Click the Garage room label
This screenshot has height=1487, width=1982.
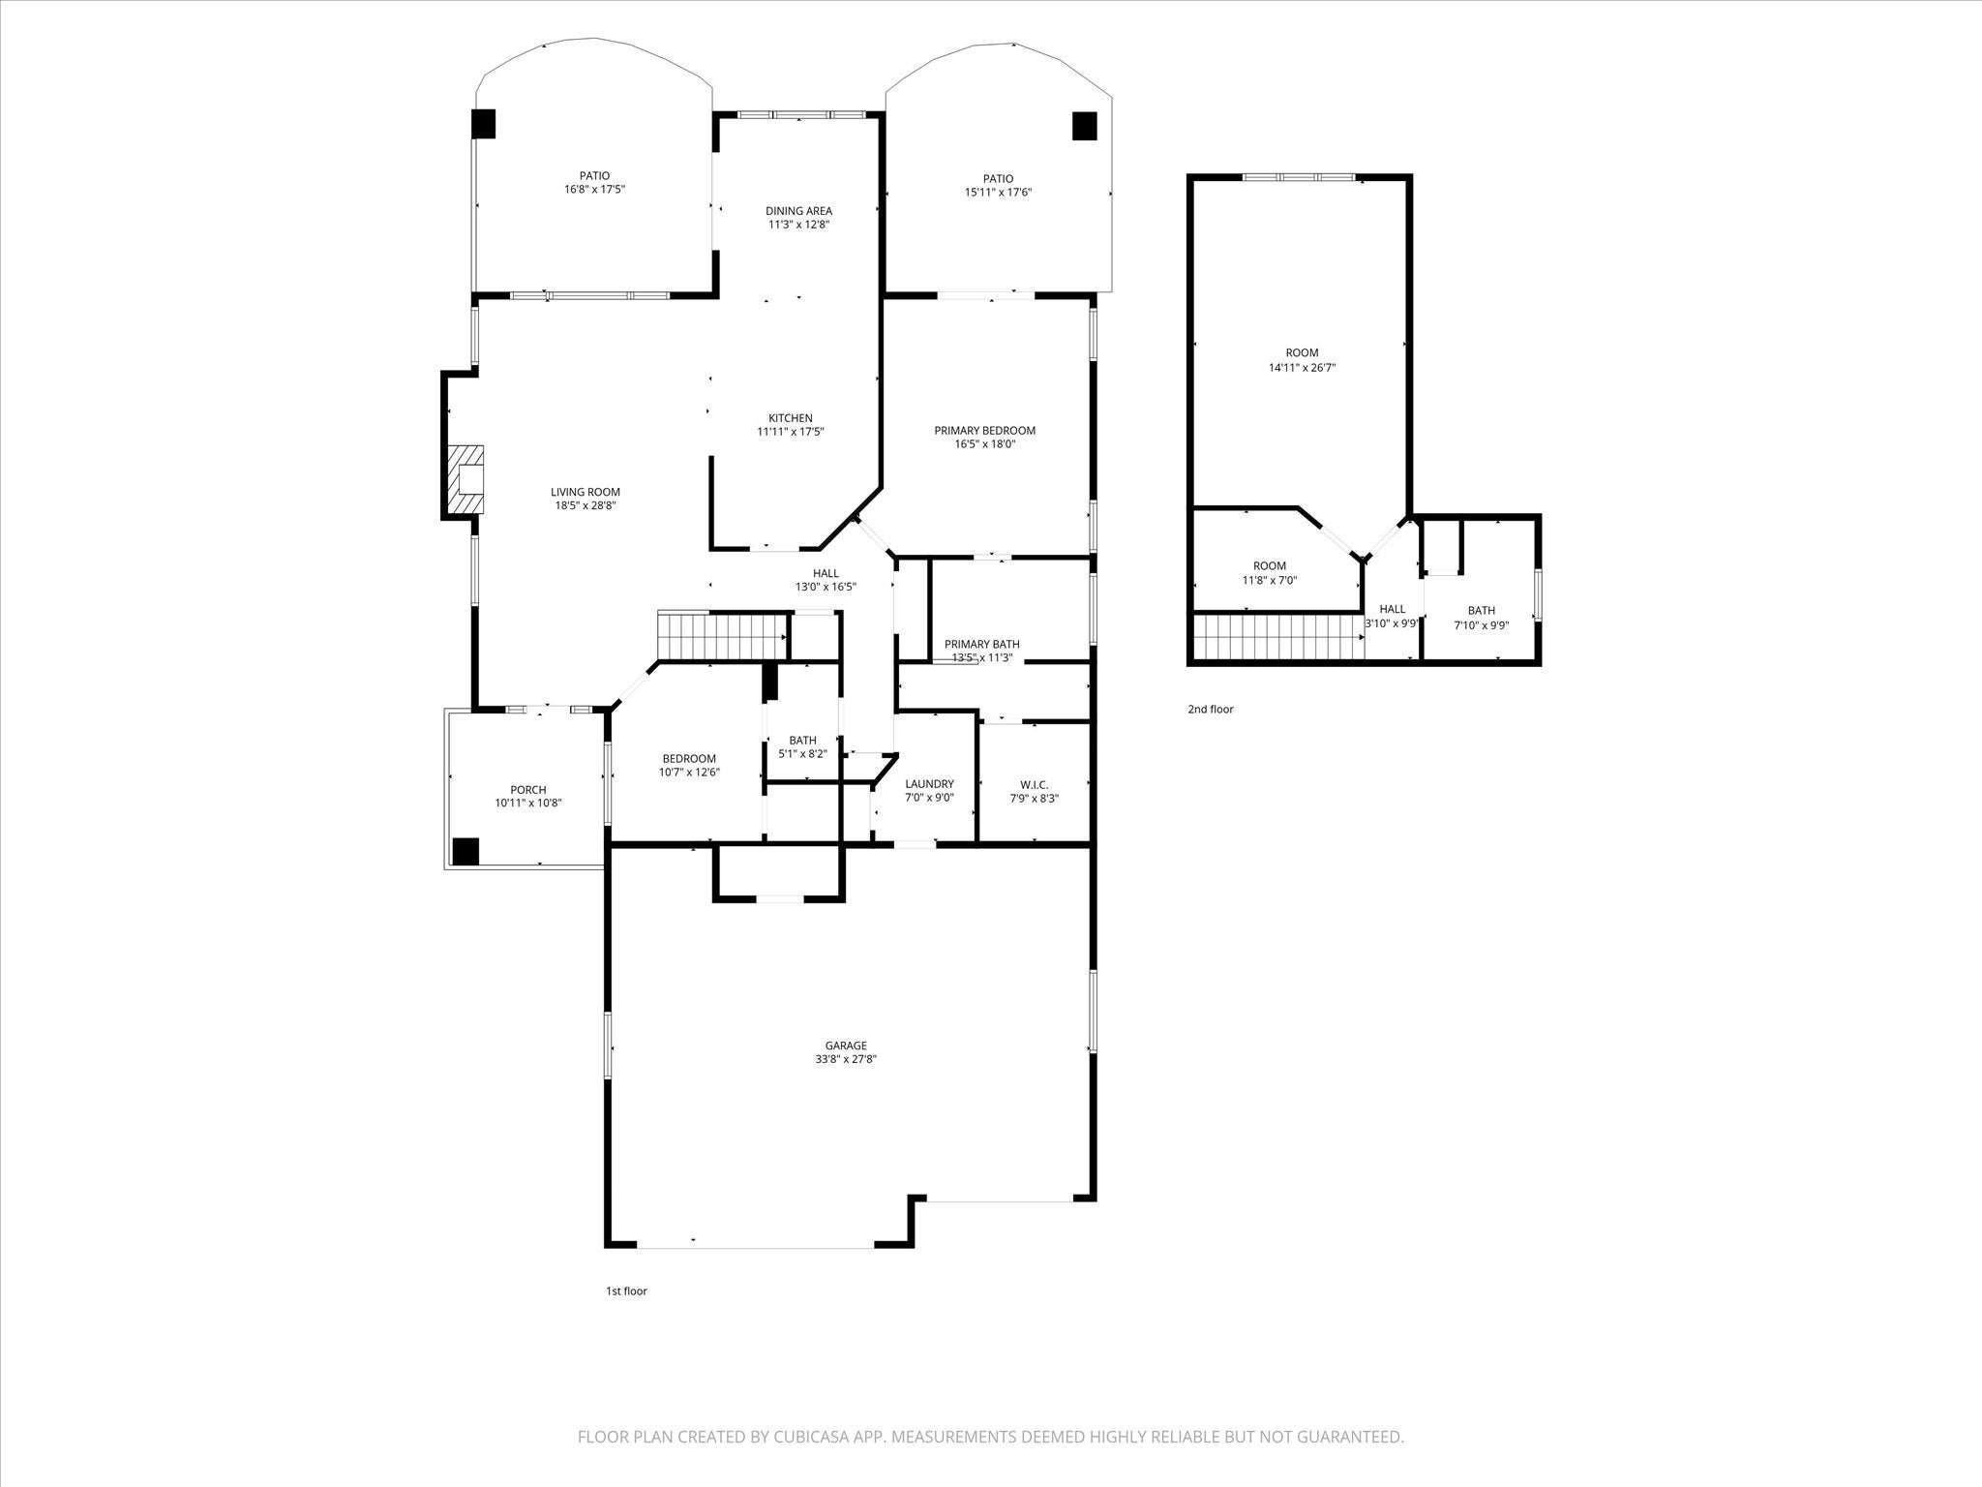[845, 1046]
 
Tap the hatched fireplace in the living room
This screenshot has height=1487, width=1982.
[465, 480]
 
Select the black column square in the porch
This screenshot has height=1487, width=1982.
[465, 851]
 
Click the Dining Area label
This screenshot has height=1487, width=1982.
[798, 211]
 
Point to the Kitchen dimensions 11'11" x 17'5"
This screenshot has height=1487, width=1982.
[790, 433]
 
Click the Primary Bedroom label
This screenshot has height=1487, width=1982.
[984, 431]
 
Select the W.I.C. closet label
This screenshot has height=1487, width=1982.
[1034, 784]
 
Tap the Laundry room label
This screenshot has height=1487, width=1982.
[929, 784]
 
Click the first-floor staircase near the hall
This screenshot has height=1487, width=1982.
[721, 636]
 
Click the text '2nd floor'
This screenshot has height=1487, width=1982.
[1211, 710]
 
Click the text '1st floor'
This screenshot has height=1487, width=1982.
[626, 1291]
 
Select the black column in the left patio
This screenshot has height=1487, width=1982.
[483, 124]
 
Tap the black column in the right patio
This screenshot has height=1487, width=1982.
[1084, 126]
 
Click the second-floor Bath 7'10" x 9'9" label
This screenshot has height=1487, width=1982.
[1481, 611]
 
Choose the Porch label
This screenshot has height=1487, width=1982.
[528, 790]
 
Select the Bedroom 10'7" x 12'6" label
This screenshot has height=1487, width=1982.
[689, 759]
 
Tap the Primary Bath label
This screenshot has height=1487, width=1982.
[981, 644]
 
